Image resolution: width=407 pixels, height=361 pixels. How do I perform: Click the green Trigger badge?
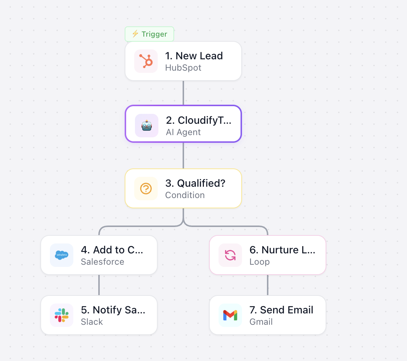pyautogui.click(x=149, y=34)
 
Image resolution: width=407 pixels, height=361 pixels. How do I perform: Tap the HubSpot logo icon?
pyautogui.click(x=146, y=61)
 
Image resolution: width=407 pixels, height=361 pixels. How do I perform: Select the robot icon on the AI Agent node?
pyautogui.click(x=147, y=126)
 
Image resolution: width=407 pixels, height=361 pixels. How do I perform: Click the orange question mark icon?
pyautogui.click(x=146, y=189)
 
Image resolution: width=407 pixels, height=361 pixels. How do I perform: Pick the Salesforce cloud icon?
pyautogui.click(x=62, y=255)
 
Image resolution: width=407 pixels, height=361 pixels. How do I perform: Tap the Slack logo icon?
pyautogui.click(x=62, y=315)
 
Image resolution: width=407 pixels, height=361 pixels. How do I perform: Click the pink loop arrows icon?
pyautogui.click(x=230, y=255)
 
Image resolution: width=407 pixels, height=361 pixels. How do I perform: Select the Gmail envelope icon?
pyautogui.click(x=230, y=315)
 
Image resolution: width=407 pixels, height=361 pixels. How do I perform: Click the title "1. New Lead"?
pyautogui.click(x=194, y=56)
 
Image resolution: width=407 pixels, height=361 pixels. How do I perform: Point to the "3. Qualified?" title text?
pyautogui.click(x=195, y=183)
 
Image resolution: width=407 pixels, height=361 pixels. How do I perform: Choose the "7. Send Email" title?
pyautogui.click(x=281, y=310)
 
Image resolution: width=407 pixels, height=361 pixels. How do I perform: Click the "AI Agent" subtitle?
pyautogui.click(x=183, y=132)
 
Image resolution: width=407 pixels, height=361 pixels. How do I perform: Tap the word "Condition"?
pyautogui.click(x=185, y=195)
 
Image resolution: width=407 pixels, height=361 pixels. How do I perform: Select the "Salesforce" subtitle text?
pyautogui.click(x=103, y=262)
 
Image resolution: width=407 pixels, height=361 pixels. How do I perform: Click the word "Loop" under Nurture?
pyautogui.click(x=260, y=262)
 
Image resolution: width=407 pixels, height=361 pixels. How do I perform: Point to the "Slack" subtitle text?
pyautogui.click(x=92, y=322)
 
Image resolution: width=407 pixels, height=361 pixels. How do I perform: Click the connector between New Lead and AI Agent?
pyautogui.click(x=183, y=93)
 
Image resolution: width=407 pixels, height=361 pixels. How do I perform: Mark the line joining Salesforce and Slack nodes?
pyautogui.click(x=99, y=285)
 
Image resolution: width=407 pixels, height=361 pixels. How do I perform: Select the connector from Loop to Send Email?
pyautogui.click(x=268, y=285)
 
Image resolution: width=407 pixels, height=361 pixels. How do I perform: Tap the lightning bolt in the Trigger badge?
pyautogui.click(x=135, y=34)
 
